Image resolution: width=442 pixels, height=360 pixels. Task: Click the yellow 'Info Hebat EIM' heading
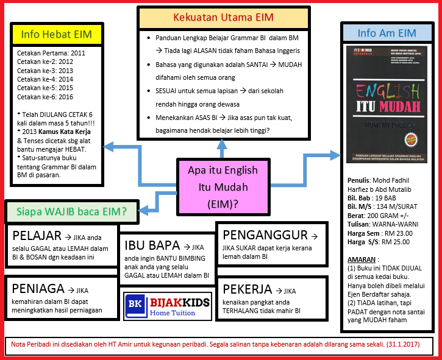(x=57, y=34)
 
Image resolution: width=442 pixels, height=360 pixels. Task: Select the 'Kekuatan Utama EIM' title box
(x=223, y=17)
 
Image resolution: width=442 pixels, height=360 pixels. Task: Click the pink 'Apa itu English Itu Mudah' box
(x=223, y=186)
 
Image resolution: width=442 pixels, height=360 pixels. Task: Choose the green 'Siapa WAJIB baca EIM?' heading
(x=71, y=211)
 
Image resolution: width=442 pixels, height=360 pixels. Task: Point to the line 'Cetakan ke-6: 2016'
(x=45, y=97)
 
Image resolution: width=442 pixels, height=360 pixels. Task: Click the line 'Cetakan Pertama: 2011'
(x=51, y=54)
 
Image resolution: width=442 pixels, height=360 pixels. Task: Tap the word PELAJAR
(x=37, y=236)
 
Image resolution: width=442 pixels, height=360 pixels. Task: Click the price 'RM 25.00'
(x=397, y=242)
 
